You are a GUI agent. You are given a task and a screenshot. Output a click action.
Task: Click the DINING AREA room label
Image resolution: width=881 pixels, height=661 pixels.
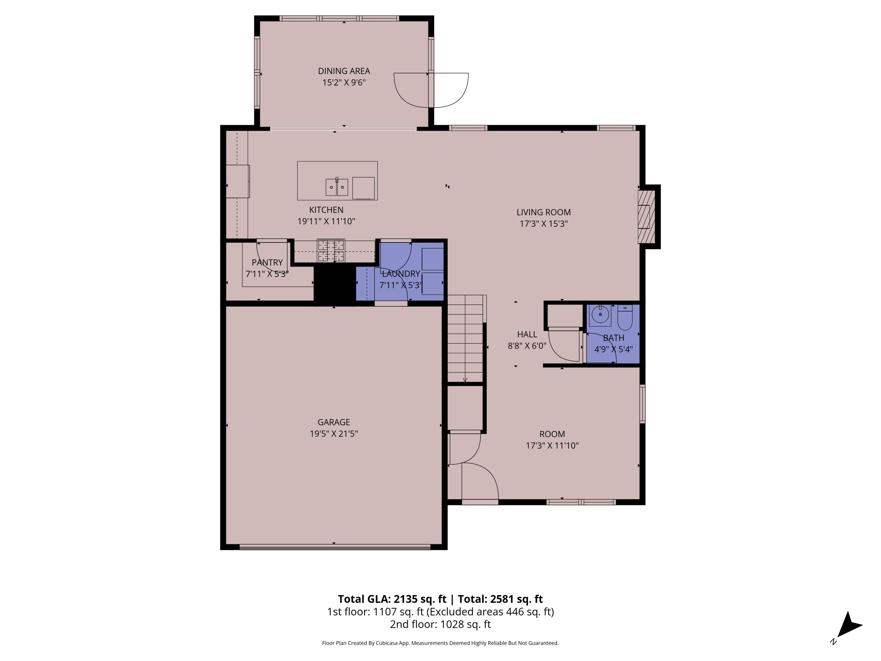tap(344, 71)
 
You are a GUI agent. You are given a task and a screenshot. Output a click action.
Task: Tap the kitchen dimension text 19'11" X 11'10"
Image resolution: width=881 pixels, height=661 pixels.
tap(326, 221)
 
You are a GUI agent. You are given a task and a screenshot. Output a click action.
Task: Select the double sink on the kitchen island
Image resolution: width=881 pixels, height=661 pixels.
tap(336, 187)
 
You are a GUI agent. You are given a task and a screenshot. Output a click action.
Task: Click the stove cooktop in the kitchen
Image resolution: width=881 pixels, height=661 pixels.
tap(331, 250)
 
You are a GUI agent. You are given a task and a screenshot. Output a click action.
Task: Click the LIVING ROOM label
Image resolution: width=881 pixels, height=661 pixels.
tap(543, 212)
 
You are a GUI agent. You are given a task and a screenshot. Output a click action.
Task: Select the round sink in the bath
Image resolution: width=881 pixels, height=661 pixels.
tap(600, 315)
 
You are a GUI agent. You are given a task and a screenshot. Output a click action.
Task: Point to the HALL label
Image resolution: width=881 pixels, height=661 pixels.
tap(527, 334)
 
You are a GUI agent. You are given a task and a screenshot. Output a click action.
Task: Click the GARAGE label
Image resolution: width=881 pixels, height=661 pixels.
tap(333, 422)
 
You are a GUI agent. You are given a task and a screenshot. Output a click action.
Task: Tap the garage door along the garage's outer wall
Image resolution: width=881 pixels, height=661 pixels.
tap(334, 547)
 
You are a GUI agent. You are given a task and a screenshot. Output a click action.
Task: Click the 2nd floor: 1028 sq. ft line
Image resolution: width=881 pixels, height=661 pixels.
tap(440, 624)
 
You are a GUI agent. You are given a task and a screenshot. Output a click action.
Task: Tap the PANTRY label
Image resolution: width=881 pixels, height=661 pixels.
tap(267, 263)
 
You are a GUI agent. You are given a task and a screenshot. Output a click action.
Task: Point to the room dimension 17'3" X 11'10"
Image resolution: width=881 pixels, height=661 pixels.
tap(552, 445)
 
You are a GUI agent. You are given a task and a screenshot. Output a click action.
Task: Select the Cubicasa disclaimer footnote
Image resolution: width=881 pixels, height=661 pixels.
tap(440, 643)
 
